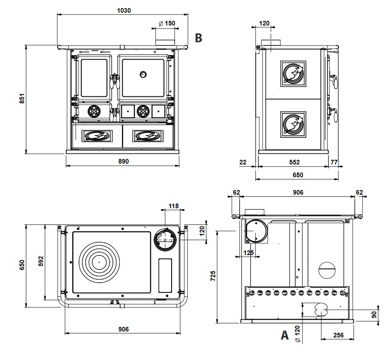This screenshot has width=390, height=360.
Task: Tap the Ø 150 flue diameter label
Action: coord(167,24)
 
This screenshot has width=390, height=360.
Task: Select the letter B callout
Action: coord(198,38)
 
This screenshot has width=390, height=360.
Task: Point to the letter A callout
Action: coord(285,335)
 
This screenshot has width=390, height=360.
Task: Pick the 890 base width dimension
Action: coord(123,161)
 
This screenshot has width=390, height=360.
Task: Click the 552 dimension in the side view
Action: coord(294,162)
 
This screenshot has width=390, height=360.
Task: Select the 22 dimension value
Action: coord(243,162)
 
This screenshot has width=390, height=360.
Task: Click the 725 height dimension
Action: coord(213,275)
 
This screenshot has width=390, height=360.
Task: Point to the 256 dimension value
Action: coord(338,335)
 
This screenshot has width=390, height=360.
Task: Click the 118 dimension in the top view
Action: coord(174,206)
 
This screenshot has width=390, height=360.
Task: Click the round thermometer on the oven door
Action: coord(142,74)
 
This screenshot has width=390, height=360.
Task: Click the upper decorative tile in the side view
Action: coord(293,74)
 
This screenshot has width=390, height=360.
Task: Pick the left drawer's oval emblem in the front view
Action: coord(97,136)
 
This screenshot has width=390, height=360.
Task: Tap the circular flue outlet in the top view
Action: coord(165,239)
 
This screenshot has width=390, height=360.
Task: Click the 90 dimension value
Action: coord(374,315)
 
